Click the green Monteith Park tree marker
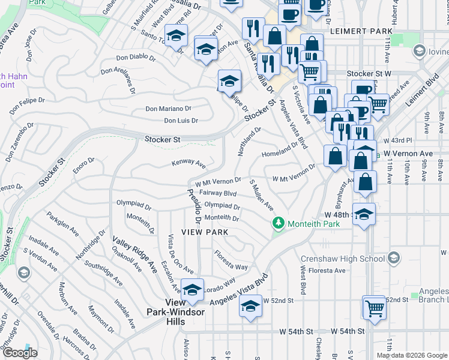tap(278, 223)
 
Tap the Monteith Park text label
tap(313, 224)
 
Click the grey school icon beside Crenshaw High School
tap(393, 258)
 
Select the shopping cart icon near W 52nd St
tap(375, 309)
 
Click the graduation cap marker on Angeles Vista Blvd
tap(250, 307)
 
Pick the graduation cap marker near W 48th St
tap(364, 214)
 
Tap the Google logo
tap(20, 353)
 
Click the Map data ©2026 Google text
tap(411, 355)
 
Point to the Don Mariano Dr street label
tap(169, 109)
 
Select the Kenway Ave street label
tap(188, 163)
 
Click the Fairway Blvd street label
tap(218, 193)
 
